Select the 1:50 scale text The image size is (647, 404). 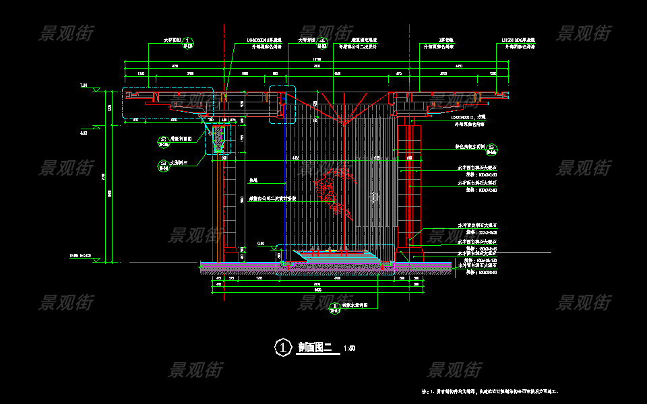tap(349, 349)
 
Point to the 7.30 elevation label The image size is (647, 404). tap(84, 86)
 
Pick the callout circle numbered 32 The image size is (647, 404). tap(164, 141)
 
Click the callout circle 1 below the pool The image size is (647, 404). tap(335, 308)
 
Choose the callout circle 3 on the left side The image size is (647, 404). tap(164, 164)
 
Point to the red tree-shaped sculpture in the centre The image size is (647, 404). tap(337, 192)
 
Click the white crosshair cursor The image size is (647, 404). tap(375, 196)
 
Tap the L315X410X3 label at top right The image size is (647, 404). tap(517, 40)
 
